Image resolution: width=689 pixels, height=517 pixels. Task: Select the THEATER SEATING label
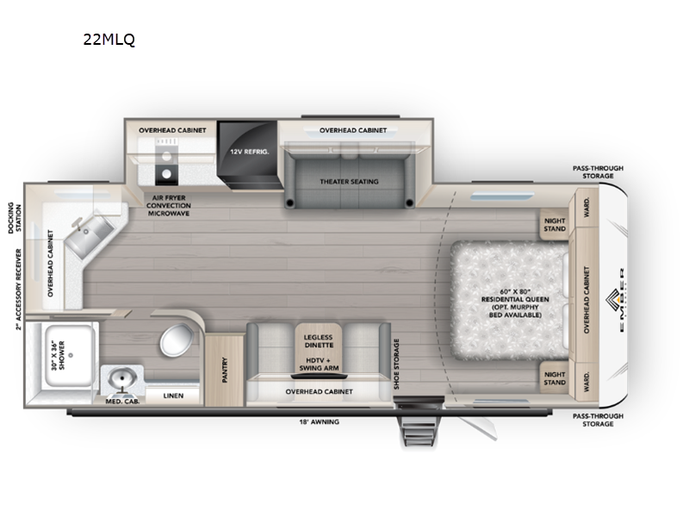click(349, 181)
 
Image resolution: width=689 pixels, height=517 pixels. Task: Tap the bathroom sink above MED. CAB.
click(120, 379)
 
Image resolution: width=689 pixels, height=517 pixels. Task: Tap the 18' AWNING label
click(319, 422)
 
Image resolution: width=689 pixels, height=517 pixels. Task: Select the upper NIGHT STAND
click(554, 224)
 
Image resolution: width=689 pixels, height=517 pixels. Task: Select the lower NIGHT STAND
click(554, 378)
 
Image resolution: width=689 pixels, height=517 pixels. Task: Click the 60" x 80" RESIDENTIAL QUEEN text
click(514, 301)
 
